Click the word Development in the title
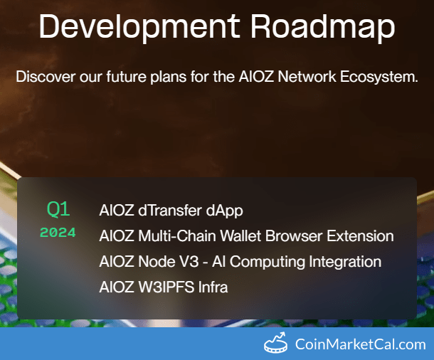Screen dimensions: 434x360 click(x=139, y=27)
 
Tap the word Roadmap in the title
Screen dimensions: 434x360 click(x=323, y=27)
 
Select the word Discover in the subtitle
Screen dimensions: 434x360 click(x=46, y=76)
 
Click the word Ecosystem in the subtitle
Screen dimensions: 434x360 click(x=379, y=77)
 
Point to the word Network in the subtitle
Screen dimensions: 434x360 click(x=307, y=76)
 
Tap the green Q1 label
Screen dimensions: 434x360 click(x=58, y=209)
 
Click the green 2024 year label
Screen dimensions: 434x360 click(x=58, y=233)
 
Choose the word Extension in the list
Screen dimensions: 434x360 click(x=360, y=235)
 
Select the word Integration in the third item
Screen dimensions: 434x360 click(x=345, y=262)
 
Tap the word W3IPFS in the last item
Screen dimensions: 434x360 click(x=166, y=287)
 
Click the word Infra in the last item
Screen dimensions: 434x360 click(x=213, y=287)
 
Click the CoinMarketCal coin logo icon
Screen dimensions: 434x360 click(x=275, y=342)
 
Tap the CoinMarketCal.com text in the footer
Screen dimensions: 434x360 click(x=361, y=344)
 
